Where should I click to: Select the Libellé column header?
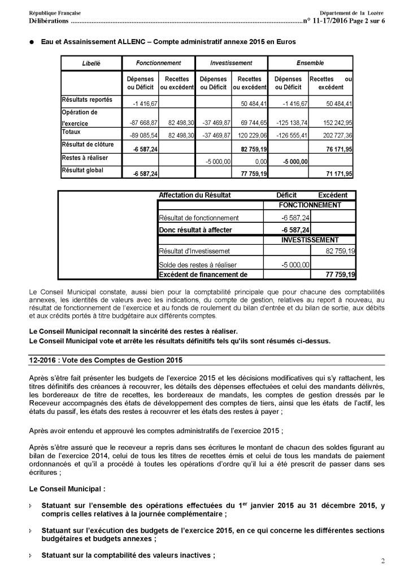91,63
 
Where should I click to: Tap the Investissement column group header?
231,63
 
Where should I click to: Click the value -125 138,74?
292,123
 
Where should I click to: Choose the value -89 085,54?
141,136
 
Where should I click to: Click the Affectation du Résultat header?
195,195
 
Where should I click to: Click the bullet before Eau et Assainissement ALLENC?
33,42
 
